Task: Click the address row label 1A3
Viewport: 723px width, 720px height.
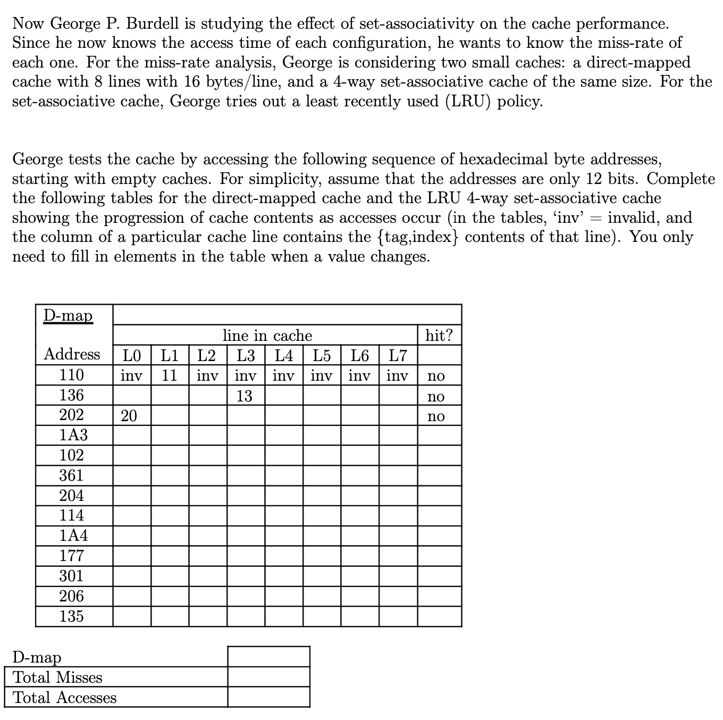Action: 73,435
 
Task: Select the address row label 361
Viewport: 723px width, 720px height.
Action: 71,475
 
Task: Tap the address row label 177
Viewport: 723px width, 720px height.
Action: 71,556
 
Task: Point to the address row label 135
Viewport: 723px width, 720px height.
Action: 71,616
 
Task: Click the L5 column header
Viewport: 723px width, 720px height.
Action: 322,355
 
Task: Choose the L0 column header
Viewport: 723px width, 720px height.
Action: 132,355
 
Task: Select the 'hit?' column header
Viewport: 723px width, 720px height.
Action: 439,336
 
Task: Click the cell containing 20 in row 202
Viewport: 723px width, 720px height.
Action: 129,416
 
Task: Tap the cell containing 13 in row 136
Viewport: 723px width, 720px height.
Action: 244,396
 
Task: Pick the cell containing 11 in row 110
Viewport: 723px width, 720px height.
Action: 169,375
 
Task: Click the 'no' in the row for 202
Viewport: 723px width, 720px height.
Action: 436,416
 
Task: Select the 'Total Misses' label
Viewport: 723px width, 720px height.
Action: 57,677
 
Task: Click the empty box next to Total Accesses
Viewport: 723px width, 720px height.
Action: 268,697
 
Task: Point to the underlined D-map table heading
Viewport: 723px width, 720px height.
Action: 68,315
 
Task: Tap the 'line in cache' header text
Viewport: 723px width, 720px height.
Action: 267,336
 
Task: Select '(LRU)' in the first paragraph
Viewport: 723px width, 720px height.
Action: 468,101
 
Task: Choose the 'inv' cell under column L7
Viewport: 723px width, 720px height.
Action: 397,376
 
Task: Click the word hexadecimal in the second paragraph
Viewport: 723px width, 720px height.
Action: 504,159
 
